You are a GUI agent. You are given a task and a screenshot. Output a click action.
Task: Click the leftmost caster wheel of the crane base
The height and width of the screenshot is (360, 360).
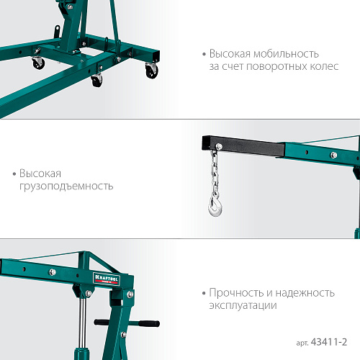coord(37,63)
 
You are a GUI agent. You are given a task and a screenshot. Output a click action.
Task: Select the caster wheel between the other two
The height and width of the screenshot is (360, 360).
coord(96,80)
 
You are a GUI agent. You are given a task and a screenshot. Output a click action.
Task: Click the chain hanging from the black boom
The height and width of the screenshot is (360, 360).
coord(213,172)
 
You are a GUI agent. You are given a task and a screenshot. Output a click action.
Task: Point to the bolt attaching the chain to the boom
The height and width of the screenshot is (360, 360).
coord(212,148)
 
